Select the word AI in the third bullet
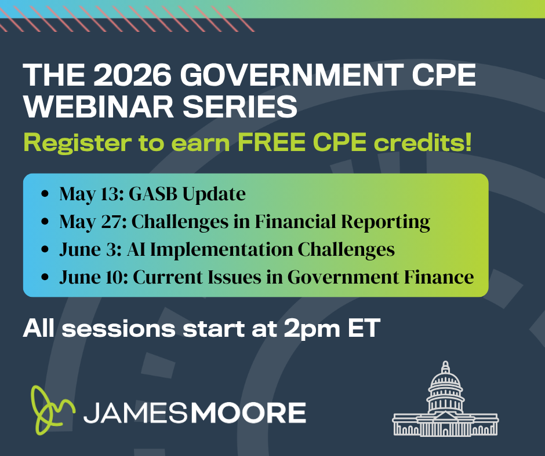coord(141,249)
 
